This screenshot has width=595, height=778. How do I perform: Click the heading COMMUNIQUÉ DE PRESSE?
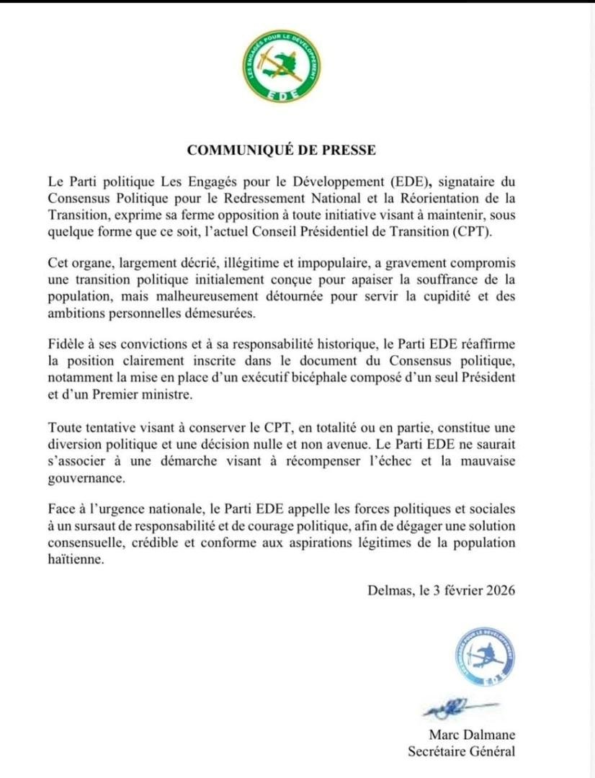pos(282,150)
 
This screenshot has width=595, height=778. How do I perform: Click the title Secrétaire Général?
pos(461,752)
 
